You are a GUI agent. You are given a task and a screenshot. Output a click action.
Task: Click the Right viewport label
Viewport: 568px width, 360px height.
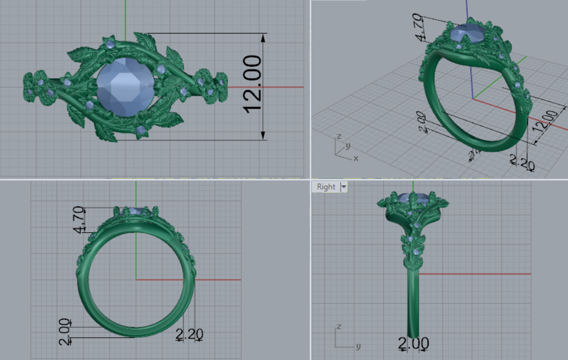326,186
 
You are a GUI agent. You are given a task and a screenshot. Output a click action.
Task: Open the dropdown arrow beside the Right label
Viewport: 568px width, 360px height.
343,186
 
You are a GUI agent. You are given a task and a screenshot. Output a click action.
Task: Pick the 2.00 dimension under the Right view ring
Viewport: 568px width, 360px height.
414,343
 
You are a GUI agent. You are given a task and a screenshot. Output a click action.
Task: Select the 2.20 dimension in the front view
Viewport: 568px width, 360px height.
189,334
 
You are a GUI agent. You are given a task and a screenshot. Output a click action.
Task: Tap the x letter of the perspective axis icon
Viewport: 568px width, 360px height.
355,158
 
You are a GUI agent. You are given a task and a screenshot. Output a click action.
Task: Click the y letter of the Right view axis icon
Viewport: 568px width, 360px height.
358,346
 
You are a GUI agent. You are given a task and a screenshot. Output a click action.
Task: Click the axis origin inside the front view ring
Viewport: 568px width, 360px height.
136,279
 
